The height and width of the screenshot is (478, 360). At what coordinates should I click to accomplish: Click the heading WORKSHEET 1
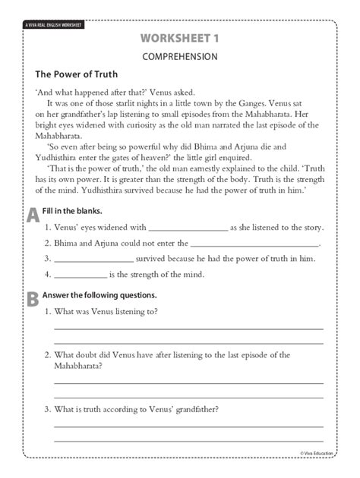click(x=179, y=38)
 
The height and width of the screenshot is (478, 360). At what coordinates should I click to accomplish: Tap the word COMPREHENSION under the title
click(x=179, y=56)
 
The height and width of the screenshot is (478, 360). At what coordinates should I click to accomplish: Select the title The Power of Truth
click(x=73, y=75)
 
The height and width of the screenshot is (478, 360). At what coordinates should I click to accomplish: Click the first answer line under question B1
click(x=188, y=329)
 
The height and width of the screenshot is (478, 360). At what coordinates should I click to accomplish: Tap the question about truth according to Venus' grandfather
click(x=137, y=410)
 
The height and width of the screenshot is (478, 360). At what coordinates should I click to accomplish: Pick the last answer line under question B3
click(x=188, y=439)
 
